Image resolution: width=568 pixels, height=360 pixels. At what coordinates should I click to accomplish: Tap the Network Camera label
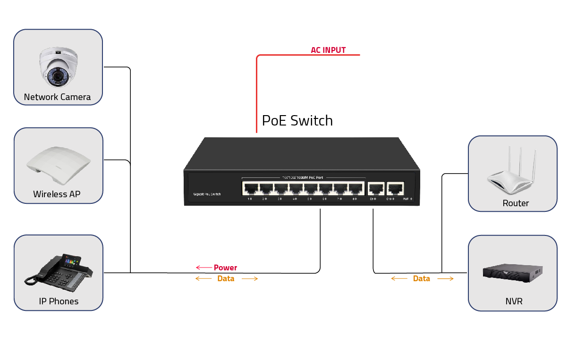57,97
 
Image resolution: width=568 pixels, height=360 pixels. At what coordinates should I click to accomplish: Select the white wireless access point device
58,166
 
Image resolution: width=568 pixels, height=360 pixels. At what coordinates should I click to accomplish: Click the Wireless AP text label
57,194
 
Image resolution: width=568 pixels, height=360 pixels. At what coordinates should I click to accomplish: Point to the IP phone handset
33,277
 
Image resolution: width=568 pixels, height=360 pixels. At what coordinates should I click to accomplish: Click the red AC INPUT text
328,50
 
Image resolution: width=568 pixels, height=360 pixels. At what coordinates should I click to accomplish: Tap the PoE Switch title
297,121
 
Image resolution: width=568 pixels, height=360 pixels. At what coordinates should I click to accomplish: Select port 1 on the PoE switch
250,188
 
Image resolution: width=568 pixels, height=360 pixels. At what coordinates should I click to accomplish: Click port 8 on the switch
356,188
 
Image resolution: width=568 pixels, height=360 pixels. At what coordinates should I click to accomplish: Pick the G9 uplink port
375,188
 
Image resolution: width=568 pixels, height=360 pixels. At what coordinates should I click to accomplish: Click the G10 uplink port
395,188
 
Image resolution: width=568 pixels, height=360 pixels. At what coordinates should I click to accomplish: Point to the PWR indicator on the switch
407,199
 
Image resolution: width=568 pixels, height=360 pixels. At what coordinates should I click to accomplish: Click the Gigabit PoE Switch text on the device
207,194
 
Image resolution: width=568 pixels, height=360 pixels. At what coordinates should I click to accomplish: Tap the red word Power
225,268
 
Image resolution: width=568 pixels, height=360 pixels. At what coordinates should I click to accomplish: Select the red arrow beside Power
203,268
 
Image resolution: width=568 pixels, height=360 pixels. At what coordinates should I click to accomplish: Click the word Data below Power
226,278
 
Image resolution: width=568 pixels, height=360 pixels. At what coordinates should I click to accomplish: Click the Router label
516,203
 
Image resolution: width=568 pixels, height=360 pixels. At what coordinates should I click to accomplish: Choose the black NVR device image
512,272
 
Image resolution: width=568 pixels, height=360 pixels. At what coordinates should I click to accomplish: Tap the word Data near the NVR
421,278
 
